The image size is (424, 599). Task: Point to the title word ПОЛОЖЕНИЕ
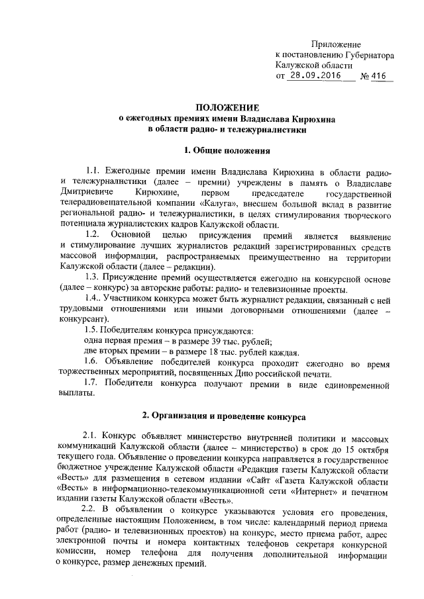pyautogui.click(x=227, y=108)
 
